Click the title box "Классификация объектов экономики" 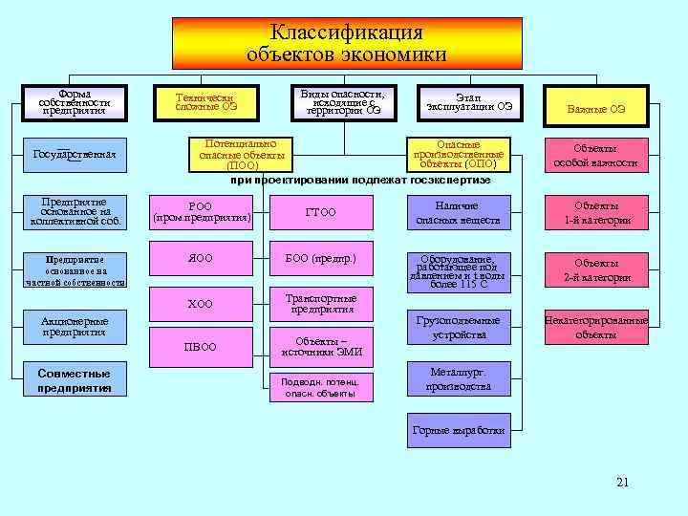347,44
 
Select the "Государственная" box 75,154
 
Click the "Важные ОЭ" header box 595,108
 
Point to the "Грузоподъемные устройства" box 458,328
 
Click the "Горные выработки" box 458,431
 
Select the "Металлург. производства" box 458,379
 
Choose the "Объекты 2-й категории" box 595,270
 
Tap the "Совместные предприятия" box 75,380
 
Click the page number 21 622,482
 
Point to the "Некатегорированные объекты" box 595,328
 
